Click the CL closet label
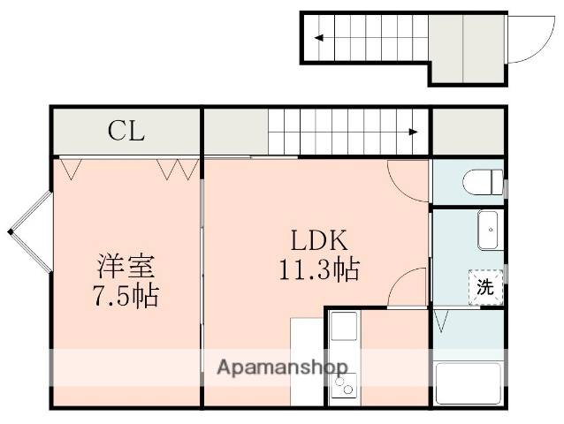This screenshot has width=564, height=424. coord(126,132)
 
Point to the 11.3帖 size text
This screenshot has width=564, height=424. coord(319,270)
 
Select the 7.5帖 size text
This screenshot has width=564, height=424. coord(126,295)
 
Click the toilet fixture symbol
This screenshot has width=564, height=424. coord(481,184)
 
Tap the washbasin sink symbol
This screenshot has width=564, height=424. coord(488,231)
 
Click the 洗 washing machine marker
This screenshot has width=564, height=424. coord(485,287)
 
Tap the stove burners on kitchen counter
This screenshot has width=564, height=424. coord(344,385)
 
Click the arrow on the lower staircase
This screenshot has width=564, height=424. coord(414,132)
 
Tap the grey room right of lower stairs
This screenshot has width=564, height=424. coord(468,132)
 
